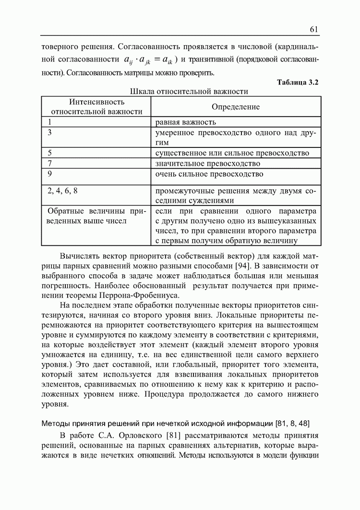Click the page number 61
tap(314, 30)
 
